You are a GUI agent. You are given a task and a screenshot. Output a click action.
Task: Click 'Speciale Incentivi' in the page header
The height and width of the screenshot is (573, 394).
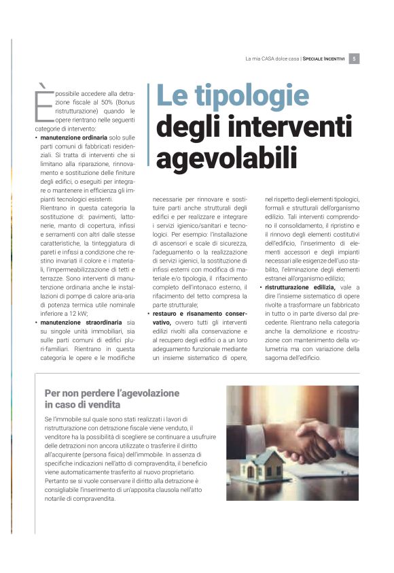click(x=324, y=59)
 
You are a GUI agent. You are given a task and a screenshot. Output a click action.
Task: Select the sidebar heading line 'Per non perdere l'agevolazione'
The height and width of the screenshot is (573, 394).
click(x=111, y=393)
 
